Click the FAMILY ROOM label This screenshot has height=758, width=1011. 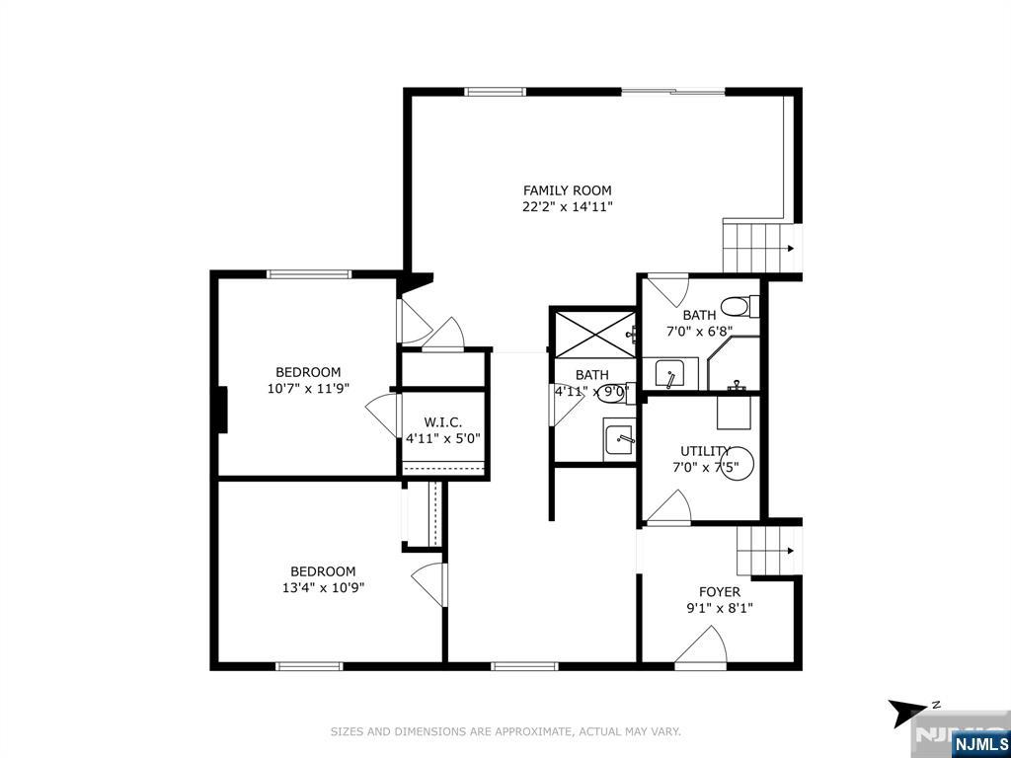tap(567, 190)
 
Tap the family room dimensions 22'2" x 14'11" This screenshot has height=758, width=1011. tap(567, 207)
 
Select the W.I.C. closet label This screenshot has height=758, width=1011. tap(443, 422)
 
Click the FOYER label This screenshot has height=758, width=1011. tap(720, 592)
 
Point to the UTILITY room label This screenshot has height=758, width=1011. tap(705, 451)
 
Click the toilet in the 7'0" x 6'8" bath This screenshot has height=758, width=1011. tap(739, 306)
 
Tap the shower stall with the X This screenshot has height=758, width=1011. tap(594, 334)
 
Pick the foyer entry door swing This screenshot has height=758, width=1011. tap(701, 646)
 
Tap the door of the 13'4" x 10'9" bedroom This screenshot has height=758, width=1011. tap(428, 584)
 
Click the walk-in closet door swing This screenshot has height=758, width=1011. tap(383, 414)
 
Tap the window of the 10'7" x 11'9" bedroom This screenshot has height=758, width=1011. tap(309, 274)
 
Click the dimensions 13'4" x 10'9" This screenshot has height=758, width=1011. tap(323, 587)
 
